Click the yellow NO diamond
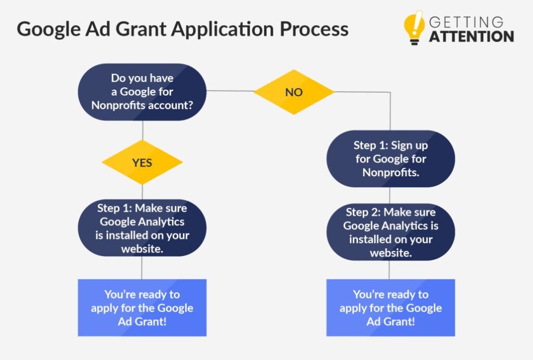click(x=294, y=92)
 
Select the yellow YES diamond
click(x=142, y=162)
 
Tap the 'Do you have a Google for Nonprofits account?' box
click(x=142, y=92)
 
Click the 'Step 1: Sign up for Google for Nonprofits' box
click(x=390, y=159)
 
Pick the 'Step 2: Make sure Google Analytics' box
click(x=390, y=233)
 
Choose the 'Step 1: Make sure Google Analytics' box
click(x=142, y=228)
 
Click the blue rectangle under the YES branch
click(x=142, y=307)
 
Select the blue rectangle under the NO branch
click(x=390, y=307)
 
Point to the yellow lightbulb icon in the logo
click(x=414, y=28)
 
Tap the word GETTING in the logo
click(x=466, y=22)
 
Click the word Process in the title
click(x=314, y=29)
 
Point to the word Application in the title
click(x=223, y=30)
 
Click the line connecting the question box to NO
click(x=230, y=91)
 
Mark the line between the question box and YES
click(x=143, y=130)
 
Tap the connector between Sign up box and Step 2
click(x=389, y=195)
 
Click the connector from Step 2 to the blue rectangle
click(x=389, y=270)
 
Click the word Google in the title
click(x=49, y=30)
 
